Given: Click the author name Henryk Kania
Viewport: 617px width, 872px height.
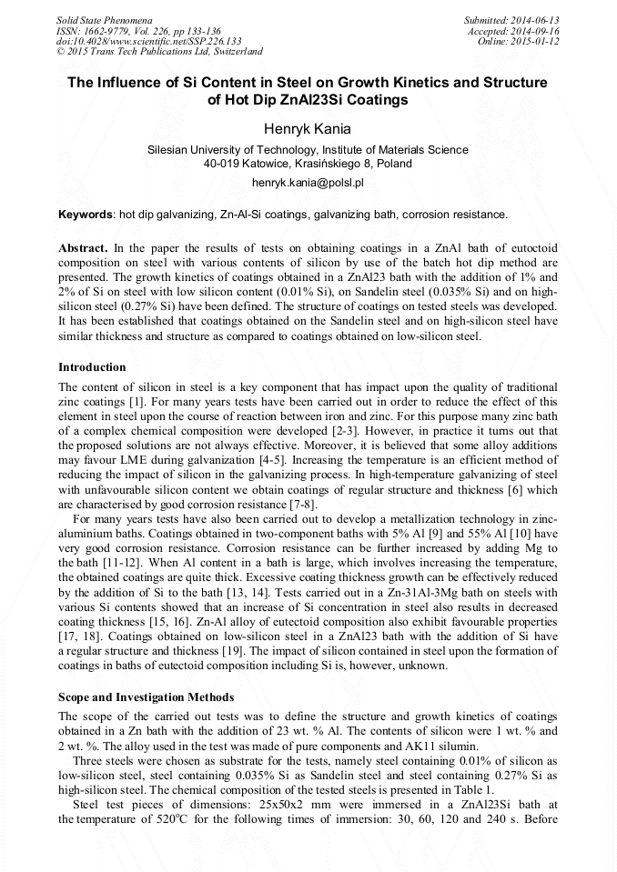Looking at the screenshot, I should pos(308,129).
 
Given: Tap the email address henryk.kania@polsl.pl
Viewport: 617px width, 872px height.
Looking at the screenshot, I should pos(308,183).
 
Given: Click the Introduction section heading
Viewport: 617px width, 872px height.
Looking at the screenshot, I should pos(92,367).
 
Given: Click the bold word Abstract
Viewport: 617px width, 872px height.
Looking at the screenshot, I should pos(83,248).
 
